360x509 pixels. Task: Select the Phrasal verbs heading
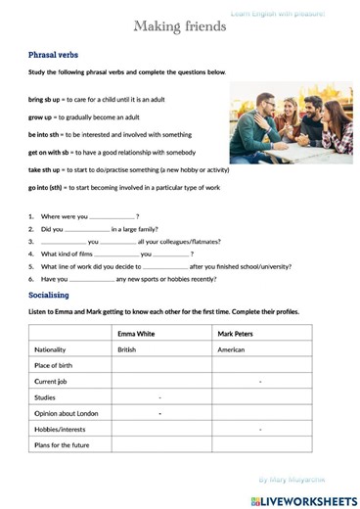[55, 56]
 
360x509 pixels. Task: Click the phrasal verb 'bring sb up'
[44, 100]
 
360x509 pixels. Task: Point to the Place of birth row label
[56, 365]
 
